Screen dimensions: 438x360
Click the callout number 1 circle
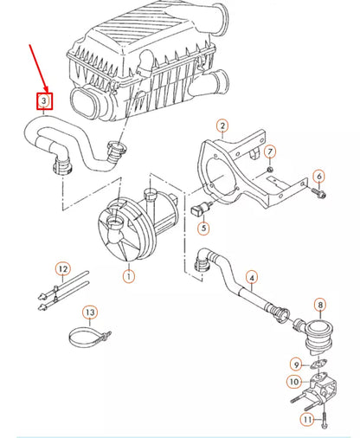point(128,277)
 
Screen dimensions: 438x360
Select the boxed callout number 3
point(43,102)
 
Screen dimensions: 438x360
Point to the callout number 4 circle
point(252,278)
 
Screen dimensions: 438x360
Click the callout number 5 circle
point(203,229)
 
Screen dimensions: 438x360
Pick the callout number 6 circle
point(319,177)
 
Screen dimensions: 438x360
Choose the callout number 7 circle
point(270,152)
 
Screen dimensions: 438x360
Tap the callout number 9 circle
point(295,364)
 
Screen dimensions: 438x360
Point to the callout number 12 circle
point(61,269)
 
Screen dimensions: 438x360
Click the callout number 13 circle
point(90,312)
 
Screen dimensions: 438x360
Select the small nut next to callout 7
point(271,168)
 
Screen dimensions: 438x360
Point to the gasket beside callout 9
point(316,364)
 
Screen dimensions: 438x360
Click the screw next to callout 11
point(322,420)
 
